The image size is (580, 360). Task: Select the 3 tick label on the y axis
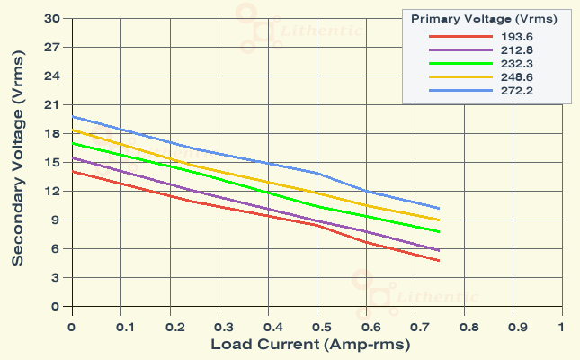pos(57,278)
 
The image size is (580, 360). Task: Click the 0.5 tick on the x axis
pos(317,327)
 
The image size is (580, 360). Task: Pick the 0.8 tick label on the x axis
pos(463,327)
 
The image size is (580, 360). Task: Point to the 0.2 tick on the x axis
pos(169,327)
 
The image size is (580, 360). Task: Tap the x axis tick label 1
pos(561,327)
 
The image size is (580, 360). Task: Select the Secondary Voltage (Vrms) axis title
pos(17,162)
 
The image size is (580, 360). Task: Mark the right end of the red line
pos(439,261)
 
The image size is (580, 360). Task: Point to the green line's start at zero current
pos(72,143)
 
